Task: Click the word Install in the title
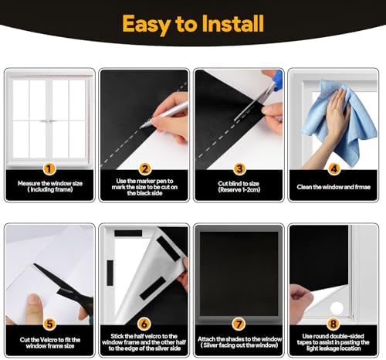233,24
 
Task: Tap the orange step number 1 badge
49,169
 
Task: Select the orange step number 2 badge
144,169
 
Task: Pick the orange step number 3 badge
239,169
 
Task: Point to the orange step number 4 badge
334,169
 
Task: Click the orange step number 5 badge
49,324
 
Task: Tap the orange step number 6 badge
144,324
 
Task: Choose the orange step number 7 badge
239,324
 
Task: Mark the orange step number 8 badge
334,324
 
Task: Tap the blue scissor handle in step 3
276,80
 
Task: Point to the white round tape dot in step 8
337,308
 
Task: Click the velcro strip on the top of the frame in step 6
128,233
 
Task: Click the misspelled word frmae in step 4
363,187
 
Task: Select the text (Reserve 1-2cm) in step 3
239,190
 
